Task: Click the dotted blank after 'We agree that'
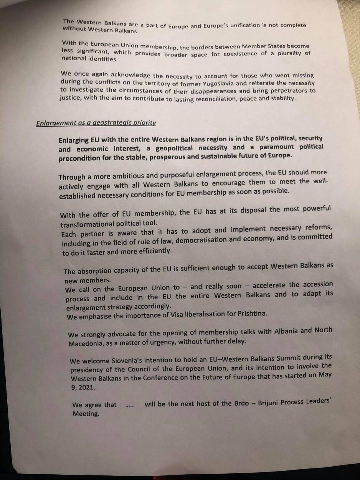(129, 405)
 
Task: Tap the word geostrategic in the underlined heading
(109, 123)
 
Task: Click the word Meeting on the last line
(86, 414)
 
